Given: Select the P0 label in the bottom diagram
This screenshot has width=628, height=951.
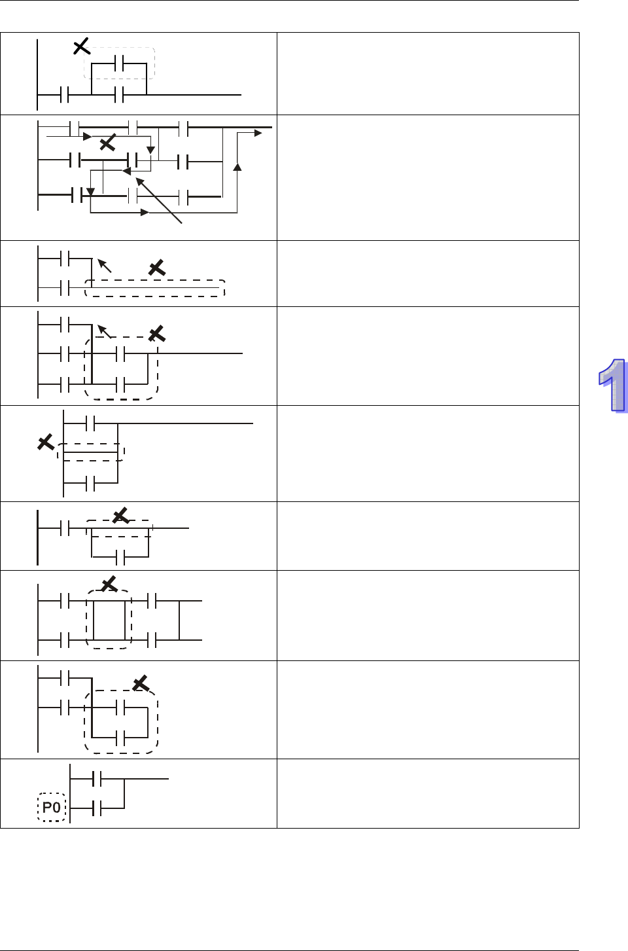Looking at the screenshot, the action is [52, 807].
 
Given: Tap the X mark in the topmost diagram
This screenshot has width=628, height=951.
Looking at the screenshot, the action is [81, 46].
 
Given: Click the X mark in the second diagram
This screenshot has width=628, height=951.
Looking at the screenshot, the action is [107, 143].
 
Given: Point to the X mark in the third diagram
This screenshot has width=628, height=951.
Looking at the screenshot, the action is [156, 267].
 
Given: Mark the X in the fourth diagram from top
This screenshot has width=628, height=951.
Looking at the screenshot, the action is [156, 334].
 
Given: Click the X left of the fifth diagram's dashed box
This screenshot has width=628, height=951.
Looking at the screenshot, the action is [46, 442].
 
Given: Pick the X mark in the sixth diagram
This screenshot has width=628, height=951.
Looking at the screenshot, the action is [121, 516].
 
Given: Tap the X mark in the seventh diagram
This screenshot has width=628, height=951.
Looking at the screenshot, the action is [109, 583].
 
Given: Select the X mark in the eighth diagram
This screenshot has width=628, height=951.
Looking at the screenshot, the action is [141, 684].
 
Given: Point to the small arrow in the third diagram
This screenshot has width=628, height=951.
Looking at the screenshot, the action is [104, 265].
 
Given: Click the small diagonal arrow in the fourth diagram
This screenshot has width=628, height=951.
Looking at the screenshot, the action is [104, 331].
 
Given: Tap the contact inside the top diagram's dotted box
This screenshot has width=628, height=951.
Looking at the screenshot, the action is [119, 63].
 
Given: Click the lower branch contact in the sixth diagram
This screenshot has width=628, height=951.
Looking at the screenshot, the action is [120, 557].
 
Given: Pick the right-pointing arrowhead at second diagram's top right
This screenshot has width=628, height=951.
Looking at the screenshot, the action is [258, 133].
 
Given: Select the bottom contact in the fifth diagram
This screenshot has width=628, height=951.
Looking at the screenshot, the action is [91, 484].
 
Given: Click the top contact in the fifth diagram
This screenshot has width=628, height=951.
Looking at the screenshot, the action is [91, 423].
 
